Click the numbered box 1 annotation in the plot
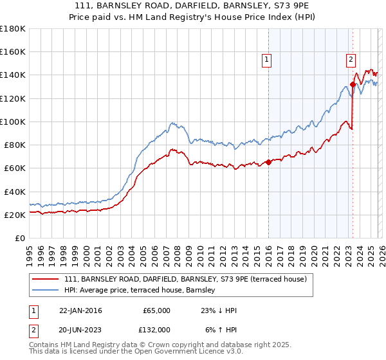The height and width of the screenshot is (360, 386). (x=266, y=60)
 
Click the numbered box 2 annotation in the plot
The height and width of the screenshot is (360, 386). (x=351, y=60)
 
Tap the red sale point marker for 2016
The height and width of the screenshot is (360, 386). (x=268, y=163)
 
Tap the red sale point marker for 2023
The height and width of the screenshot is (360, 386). (x=353, y=84)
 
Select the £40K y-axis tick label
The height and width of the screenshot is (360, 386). (x=15, y=192)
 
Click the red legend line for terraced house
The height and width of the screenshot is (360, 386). (x=46, y=279)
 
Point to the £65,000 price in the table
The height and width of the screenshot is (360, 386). (x=155, y=310)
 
